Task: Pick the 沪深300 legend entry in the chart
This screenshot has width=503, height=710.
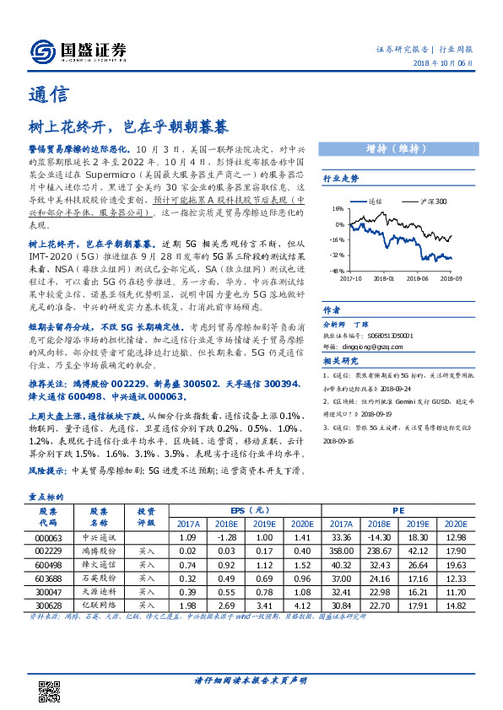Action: click(x=433, y=202)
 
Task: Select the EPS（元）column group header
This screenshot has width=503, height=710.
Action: click(x=248, y=511)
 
